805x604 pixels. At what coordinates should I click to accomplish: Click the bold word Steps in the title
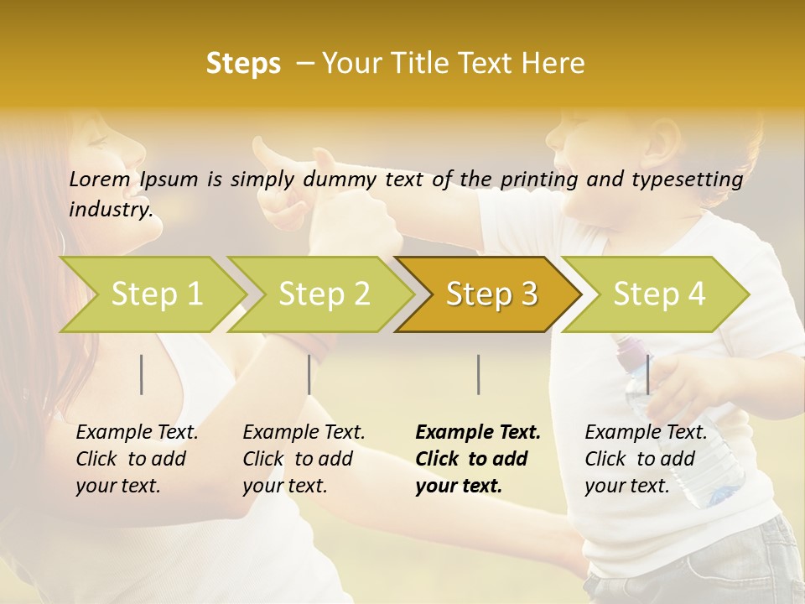[x=243, y=64]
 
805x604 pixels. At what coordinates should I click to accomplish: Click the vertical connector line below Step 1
[x=142, y=374]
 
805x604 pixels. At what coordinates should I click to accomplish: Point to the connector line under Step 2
[x=309, y=374]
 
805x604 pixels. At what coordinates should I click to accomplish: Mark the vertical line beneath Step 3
[x=478, y=374]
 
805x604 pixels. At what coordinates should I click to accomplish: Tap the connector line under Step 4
[x=647, y=374]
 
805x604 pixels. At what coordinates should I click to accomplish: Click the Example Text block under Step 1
[x=137, y=459]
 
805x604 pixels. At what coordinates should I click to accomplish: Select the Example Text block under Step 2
[x=304, y=459]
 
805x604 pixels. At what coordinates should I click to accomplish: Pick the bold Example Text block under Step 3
[x=478, y=459]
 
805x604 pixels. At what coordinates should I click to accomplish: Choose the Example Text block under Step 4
[x=646, y=459]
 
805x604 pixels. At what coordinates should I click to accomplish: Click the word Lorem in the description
[x=99, y=179]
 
